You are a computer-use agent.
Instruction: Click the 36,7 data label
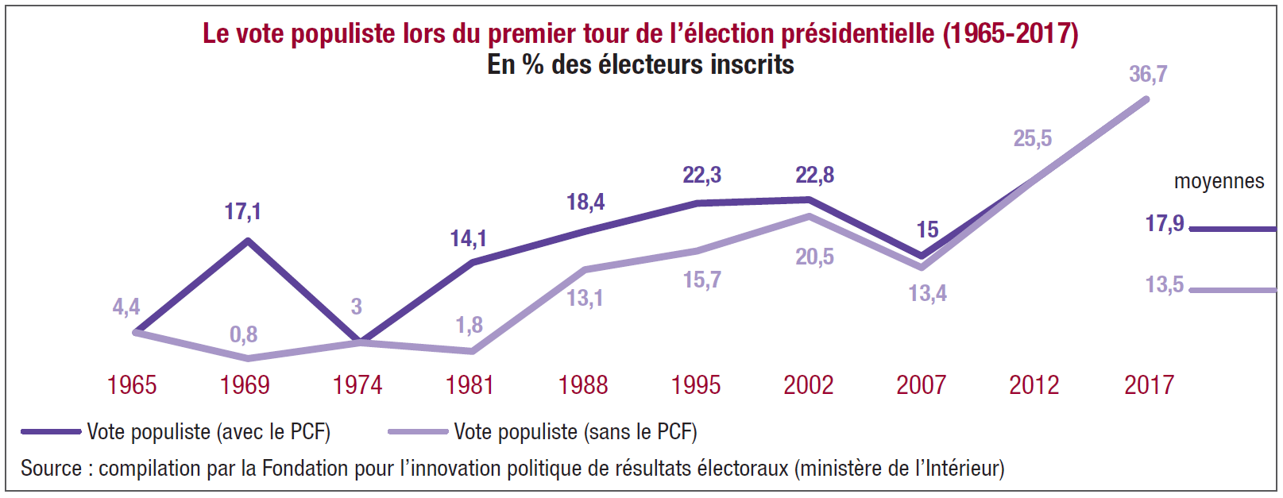(x=1148, y=75)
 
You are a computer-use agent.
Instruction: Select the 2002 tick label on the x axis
(x=808, y=385)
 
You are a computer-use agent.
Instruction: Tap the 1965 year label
(x=132, y=385)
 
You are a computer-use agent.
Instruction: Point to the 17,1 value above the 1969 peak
(x=242, y=212)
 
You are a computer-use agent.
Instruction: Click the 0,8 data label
(x=243, y=334)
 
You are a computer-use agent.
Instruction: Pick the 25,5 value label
(x=1032, y=139)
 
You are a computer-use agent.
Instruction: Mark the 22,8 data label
(x=814, y=176)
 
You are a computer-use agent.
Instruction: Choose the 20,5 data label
(x=814, y=257)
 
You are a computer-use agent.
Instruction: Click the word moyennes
(x=1219, y=182)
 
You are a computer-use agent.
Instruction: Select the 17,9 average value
(x=1164, y=224)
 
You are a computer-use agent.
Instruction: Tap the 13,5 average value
(x=1164, y=285)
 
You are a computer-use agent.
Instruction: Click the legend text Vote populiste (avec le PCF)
(x=208, y=432)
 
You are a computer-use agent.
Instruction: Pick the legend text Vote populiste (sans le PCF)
(x=575, y=432)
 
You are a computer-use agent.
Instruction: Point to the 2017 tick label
(x=1149, y=385)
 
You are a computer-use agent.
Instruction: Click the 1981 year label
(x=470, y=385)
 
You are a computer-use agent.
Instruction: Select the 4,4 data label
(x=126, y=307)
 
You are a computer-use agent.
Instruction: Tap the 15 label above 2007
(x=927, y=230)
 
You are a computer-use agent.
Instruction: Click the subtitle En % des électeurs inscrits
(x=640, y=64)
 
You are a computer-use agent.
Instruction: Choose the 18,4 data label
(x=585, y=203)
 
